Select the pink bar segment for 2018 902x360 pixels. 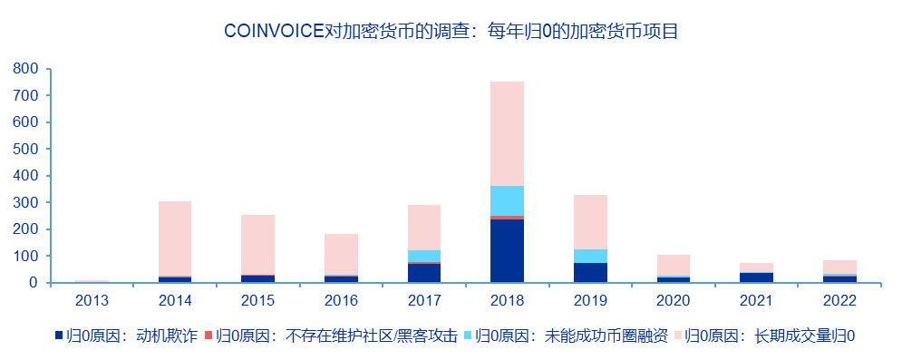point(507,133)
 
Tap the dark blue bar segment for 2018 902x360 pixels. point(507,250)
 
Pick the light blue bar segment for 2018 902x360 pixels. point(507,200)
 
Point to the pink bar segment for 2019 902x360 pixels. point(590,222)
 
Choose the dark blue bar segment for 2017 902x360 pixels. point(423,273)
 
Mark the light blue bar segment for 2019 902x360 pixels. point(590,256)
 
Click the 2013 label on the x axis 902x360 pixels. point(92,299)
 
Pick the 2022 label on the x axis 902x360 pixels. point(839,299)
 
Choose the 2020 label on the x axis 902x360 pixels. point(674,299)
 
